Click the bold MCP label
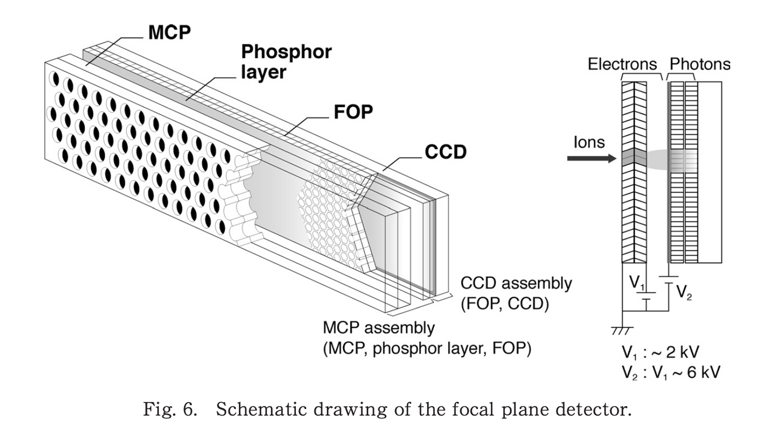click(x=169, y=32)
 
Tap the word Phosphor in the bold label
click(x=286, y=52)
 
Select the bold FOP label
click(x=353, y=112)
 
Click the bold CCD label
click(x=445, y=152)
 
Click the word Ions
click(x=589, y=142)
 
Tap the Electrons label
click(x=622, y=64)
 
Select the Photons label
click(x=700, y=64)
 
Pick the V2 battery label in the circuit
click(x=684, y=292)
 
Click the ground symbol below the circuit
click(x=621, y=331)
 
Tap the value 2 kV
click(x=682, y=352)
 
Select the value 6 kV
click(x=703, y=372)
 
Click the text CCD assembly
click(x=516, y=283)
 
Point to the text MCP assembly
click(x=378, y=328)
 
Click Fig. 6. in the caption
click(x=170, y=409)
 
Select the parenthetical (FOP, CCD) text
click(x=504, y=304)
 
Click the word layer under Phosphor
click(x=263, y=72)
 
